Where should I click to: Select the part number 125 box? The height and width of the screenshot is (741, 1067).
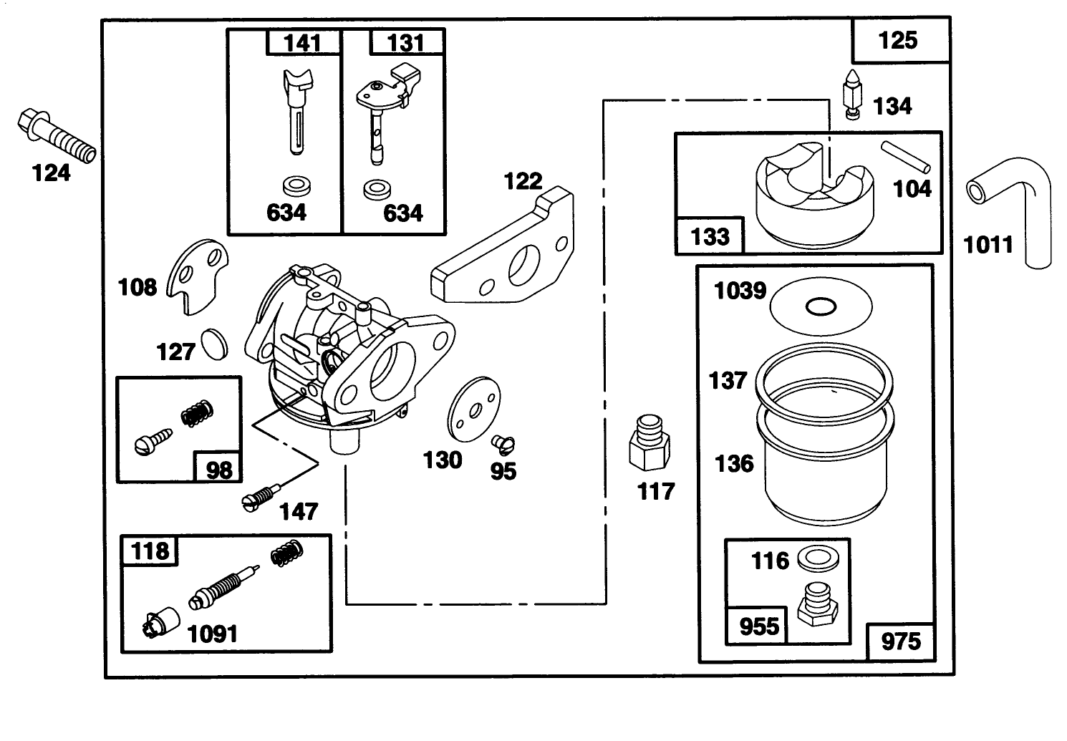pos(898,40)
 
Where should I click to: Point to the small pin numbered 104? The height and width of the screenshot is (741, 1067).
pos(905,157)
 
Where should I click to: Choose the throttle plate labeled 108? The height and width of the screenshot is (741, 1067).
pos(198,276)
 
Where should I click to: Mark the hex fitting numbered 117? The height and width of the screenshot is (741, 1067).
pos(650,444)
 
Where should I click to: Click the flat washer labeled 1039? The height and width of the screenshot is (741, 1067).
pos(821,306)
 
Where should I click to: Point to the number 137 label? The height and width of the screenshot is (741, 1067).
pos(728,380)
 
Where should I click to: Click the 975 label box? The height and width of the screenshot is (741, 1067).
pos(901,641)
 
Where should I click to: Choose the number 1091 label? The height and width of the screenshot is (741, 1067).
pos(212,634)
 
